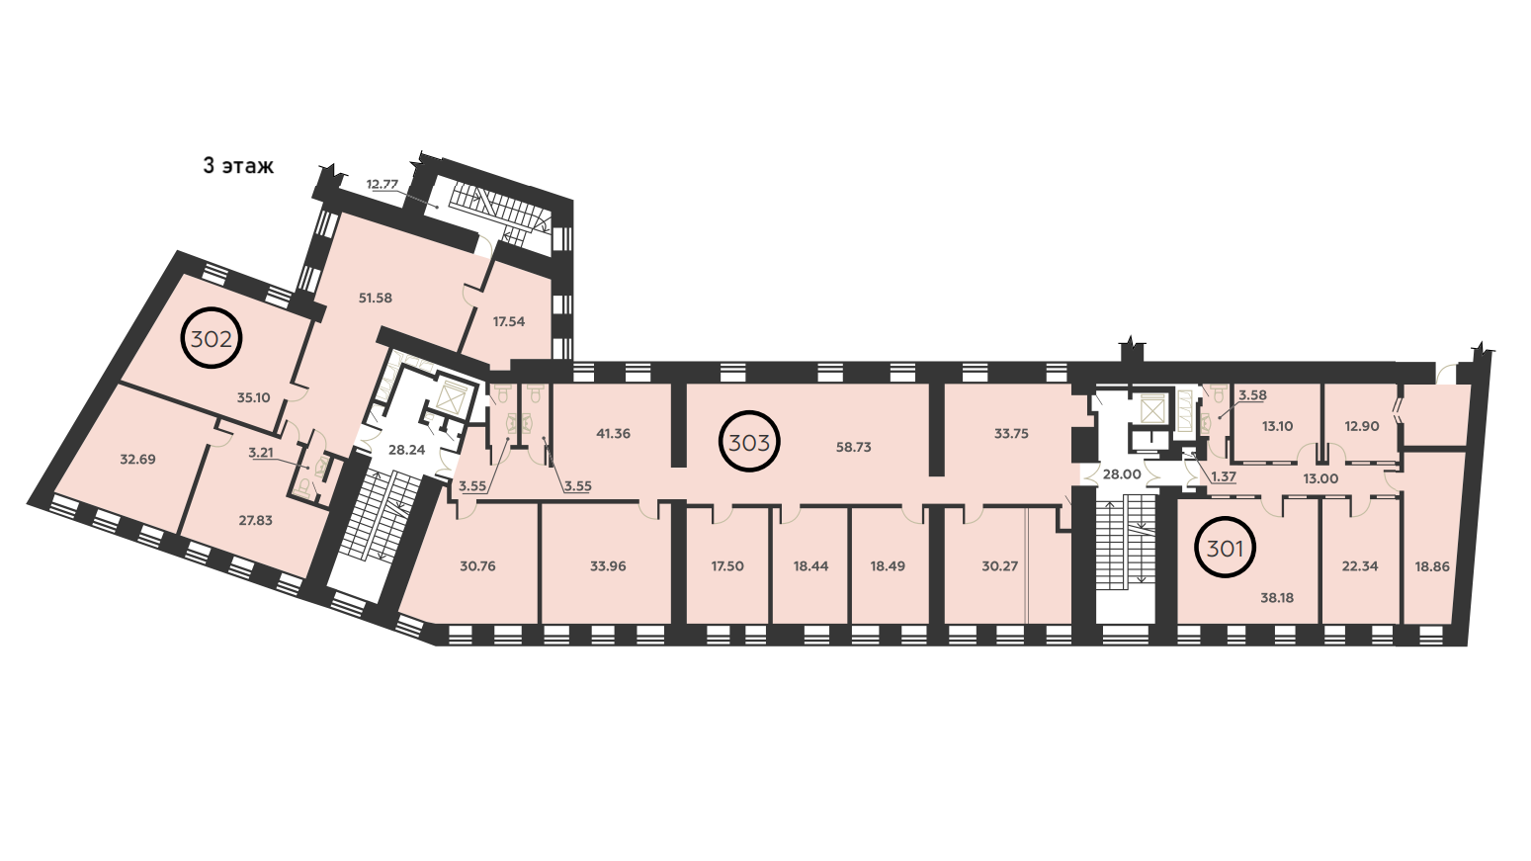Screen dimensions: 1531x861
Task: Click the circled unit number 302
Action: pos(212,337)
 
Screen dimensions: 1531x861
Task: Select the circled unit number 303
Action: pos(750,442)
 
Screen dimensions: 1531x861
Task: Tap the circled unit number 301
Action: pos(1225,548)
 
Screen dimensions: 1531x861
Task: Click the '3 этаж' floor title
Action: pos(238,166)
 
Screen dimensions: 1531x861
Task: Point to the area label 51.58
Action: pos(376,298)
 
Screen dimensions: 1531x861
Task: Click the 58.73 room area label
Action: pos(854,447)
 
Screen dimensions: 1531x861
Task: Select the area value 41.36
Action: pos(613,433)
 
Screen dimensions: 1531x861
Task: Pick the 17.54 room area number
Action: pos(509,321)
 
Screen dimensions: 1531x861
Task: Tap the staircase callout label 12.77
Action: pos(383,184)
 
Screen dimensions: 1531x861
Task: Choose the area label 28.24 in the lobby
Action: pos(406,450)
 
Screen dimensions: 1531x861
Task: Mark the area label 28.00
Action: pos(1122,474)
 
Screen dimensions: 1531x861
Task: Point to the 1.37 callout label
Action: pos(1224,477)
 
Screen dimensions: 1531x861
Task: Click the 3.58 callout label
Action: pos(1253,395)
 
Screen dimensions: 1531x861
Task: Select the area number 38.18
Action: pos(1277,598)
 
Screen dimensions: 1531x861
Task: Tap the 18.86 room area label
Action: pos(1432,566)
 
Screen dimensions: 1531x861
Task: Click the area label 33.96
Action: pos(608,566)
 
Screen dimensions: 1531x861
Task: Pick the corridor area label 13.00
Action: pos(1319,479)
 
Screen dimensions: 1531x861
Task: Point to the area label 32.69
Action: pos(138,460)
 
